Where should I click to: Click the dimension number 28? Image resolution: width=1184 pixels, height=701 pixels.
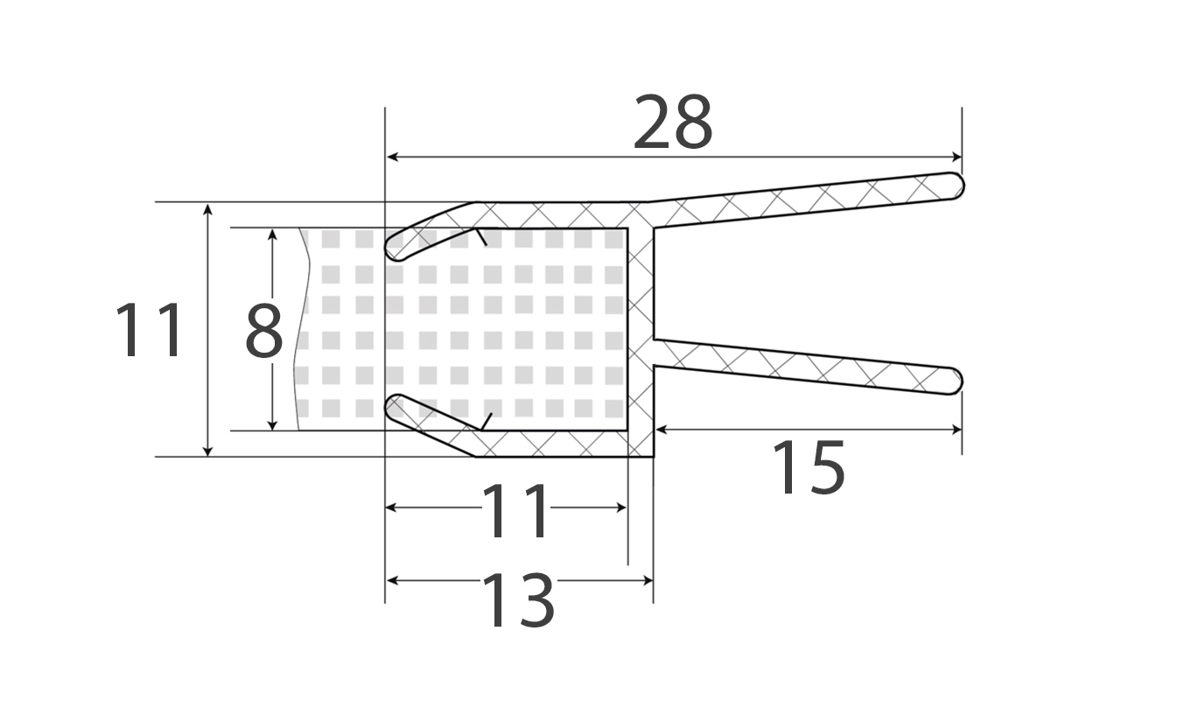click(x=673, y=123)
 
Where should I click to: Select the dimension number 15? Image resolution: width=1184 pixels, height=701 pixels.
click(x=809, y=468)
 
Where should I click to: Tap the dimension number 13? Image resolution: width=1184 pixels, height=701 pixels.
click(x=519, y=601)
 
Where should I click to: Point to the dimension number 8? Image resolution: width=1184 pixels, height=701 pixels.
click(x=264, y=331)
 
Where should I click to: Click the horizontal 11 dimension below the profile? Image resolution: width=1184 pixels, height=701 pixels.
click(x=516, y=511)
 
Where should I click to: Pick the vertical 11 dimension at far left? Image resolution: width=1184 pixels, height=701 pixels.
click(x=149, y=331)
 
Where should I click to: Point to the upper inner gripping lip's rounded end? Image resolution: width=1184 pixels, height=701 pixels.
click(x=392, y=249)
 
